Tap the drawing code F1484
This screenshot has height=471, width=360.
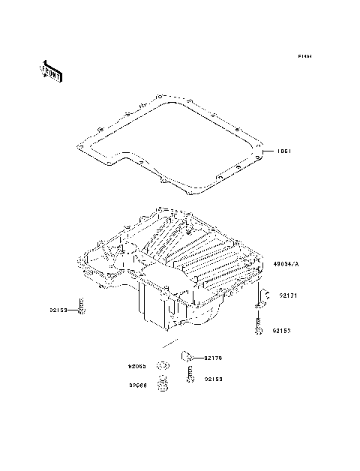tap(304, 56)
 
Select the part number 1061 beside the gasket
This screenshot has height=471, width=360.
tap(284, 150)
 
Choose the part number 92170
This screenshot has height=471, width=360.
tap(214, 358)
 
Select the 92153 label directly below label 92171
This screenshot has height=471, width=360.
tap(281, 330)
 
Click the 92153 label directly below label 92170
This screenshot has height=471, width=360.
tap(214, 379)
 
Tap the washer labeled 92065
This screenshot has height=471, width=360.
tap(160, 367)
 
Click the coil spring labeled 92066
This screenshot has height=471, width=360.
tap(160, 386)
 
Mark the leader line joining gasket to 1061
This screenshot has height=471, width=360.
tap(269, 150)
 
